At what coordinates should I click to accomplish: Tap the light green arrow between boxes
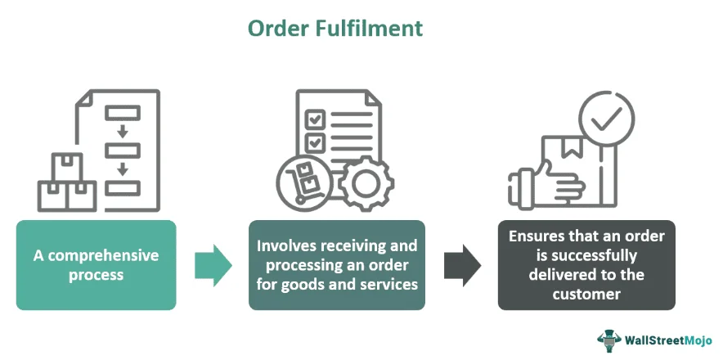click(213, 264)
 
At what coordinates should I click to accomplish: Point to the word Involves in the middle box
click(285, 245)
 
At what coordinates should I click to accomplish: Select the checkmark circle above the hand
click(606, 121)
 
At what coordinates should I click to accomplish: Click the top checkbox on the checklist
click(314, 119)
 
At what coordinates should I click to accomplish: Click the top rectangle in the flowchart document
click(122, 112)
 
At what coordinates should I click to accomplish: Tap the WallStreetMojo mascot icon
click(609, 339)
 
